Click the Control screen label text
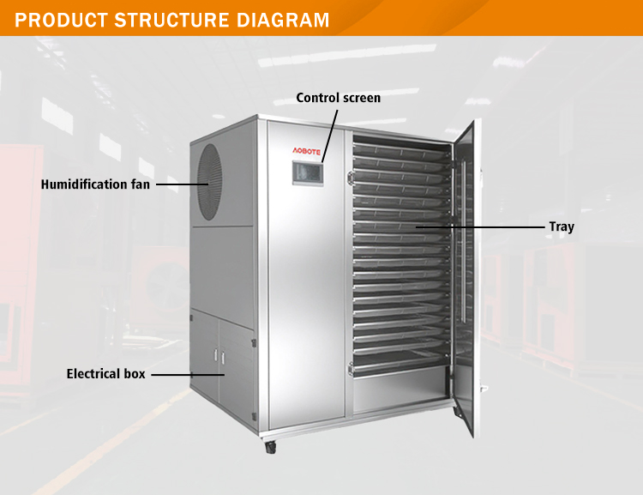(338, 98)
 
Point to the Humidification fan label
(95, 184)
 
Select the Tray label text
(562, 227)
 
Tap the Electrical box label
(106, 374)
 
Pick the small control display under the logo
(306, 173)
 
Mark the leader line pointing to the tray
(480, 227)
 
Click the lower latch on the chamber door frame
(350, 369)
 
